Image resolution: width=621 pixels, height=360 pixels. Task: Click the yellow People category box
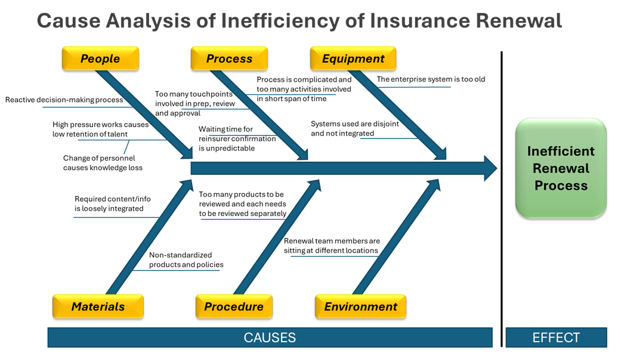(x=100, y=59)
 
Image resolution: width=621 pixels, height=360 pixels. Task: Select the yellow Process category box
(x=229, y=59)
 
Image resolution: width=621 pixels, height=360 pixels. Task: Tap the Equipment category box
(x=353, y=59)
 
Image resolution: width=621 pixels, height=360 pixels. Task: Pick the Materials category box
(x=98, y=306)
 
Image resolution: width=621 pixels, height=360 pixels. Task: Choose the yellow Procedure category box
(x=234, y=306)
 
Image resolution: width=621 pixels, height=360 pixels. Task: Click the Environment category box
(x=360, y=306)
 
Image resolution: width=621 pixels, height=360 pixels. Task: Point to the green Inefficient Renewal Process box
(x=561, y=168)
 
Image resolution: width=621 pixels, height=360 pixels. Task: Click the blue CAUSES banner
(x=270, y=337)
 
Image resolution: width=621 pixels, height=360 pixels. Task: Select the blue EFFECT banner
(x=556, y=337)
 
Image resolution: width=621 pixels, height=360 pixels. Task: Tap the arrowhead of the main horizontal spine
(x=489, y=168)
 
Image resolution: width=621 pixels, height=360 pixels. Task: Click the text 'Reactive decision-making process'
(x=64, y=100)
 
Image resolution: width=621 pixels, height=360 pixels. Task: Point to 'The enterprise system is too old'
(x=431, y=79)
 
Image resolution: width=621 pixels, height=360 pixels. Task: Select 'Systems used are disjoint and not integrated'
(x=355, y=128)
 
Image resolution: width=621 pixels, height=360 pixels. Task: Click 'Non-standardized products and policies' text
(x=186, y=260)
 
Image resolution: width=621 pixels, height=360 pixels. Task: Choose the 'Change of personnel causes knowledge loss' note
(x=103, y=163)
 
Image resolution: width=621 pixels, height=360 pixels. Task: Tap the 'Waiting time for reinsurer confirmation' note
(x=237, y=139)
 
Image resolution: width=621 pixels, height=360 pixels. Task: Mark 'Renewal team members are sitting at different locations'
(x=332, y=246)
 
